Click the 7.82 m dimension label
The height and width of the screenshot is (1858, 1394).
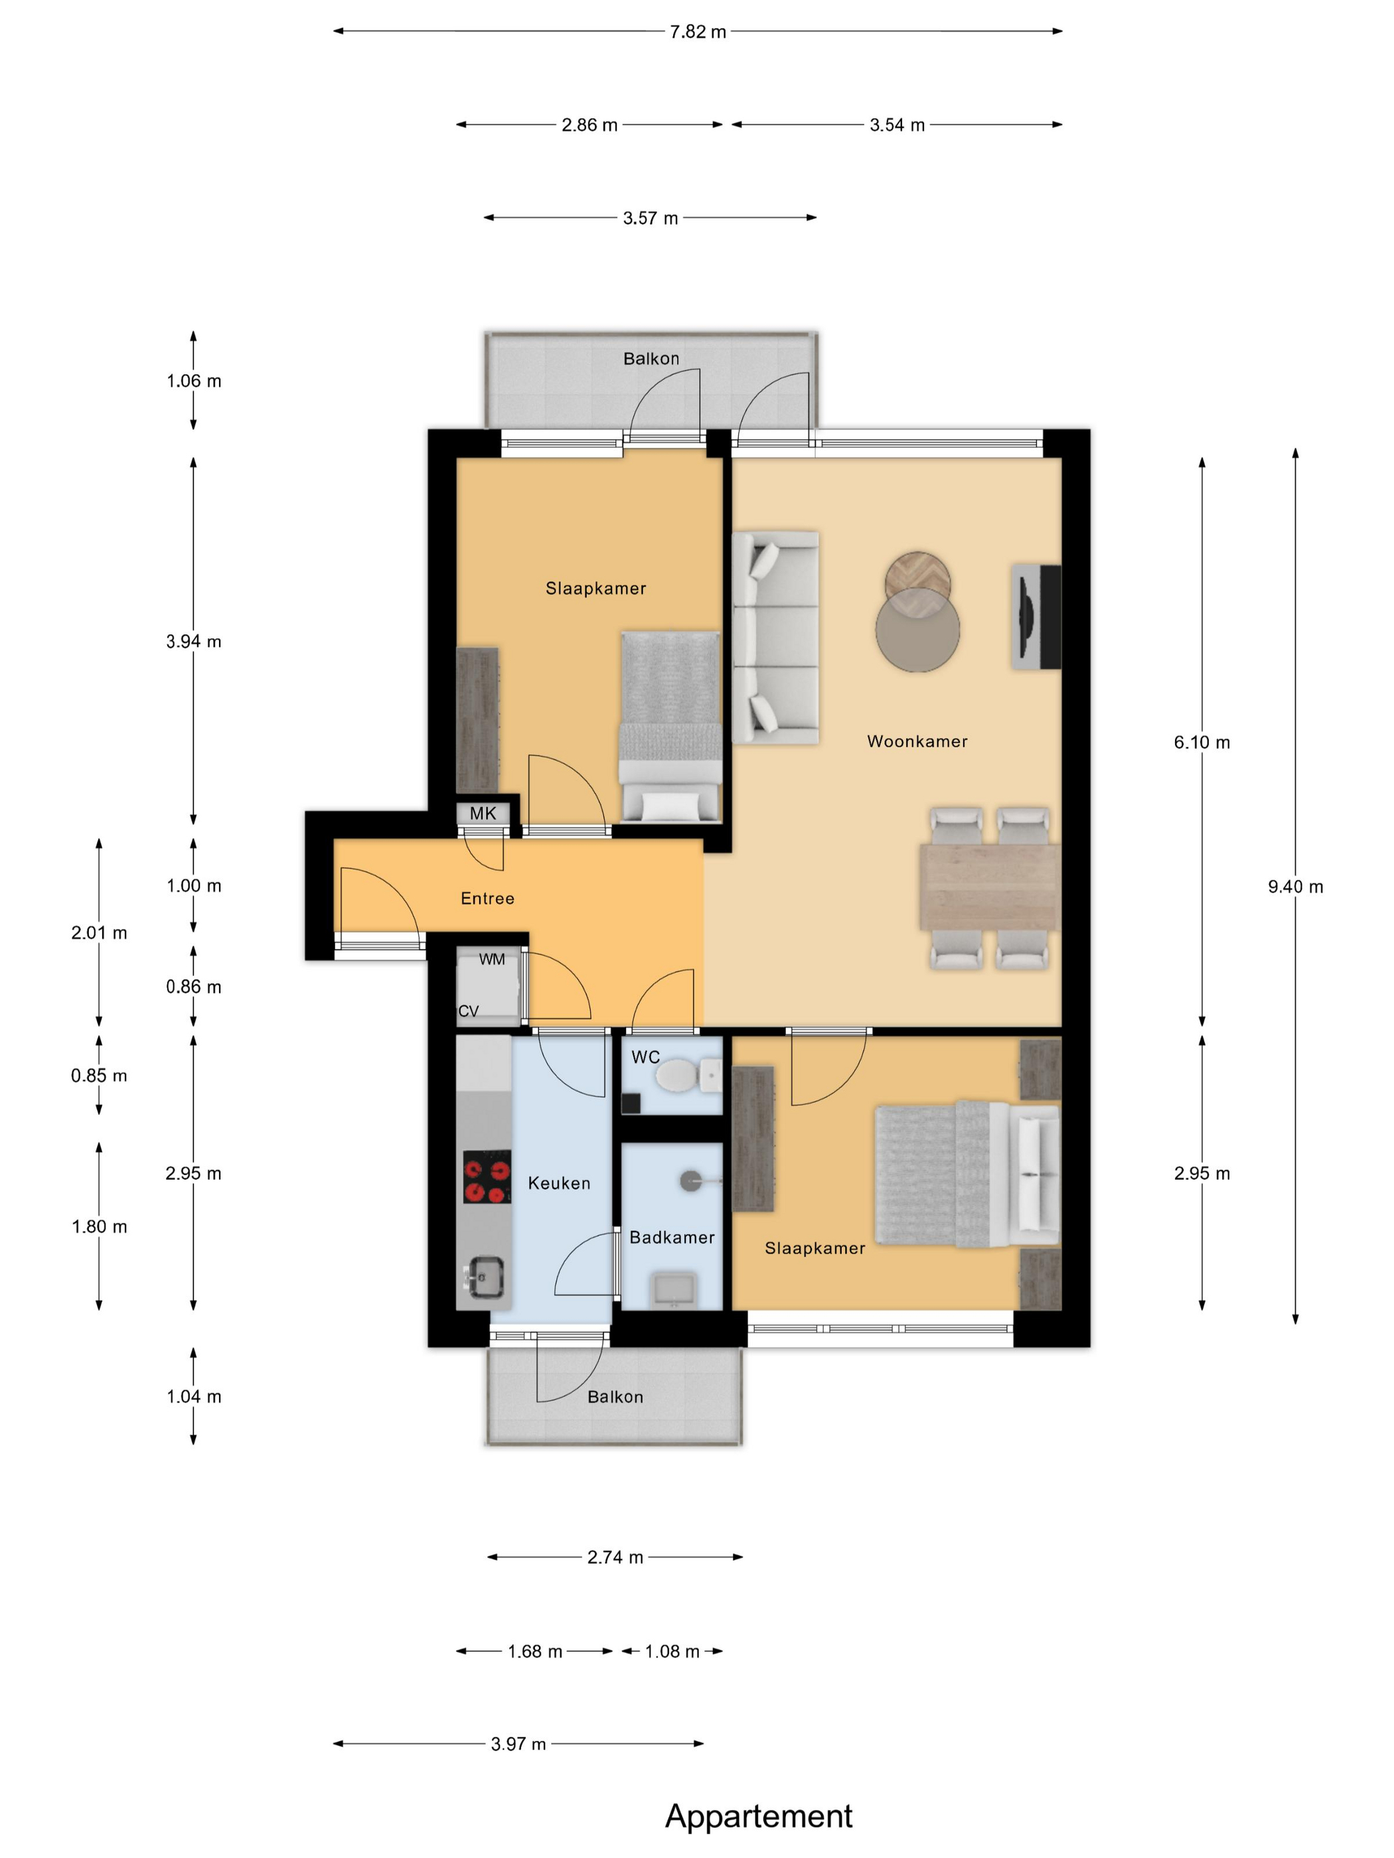[698, 32]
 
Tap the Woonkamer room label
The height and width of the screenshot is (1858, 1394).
[917, 741]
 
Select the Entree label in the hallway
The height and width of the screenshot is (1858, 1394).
[487, 898]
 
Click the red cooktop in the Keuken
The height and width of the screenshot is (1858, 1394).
[487, 1177]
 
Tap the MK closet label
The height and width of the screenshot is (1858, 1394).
[483, 813]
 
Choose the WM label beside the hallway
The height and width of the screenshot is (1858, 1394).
[492, 958]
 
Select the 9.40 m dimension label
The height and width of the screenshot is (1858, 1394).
[1295, 886]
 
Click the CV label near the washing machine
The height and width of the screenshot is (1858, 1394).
[468, 1011]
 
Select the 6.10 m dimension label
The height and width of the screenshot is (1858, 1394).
[1201, 742]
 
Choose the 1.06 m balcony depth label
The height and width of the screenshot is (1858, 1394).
[194, 380]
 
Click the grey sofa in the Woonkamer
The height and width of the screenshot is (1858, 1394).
[775, 636]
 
